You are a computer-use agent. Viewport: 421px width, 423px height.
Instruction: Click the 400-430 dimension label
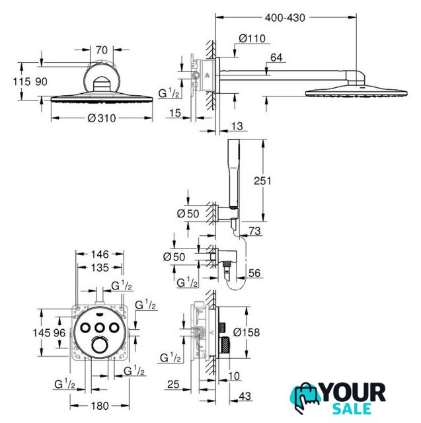click(x=285, y=18)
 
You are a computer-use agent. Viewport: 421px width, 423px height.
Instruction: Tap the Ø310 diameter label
click(x=102, y=118)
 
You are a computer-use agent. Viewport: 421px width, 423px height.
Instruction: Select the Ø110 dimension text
click(x=252, y=38)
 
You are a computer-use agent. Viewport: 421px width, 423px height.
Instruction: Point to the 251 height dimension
click(x=262, y=180)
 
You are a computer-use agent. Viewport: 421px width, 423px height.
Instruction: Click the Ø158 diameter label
click(x=247, y=332)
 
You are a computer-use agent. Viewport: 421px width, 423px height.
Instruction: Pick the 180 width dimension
click(x=100, y=406)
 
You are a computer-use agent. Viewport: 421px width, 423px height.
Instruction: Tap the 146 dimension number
click(x=100, y=254)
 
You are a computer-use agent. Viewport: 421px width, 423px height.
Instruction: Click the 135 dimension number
click(x=100, y=268)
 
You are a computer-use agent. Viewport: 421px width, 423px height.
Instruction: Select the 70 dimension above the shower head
click(x=101, y=50)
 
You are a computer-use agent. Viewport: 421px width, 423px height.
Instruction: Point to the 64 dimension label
click(x=276, y=58)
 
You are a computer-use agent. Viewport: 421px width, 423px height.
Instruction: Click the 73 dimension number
click(x=254, y=231)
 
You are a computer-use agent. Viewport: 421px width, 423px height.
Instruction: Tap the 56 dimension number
click(x=254, y=273)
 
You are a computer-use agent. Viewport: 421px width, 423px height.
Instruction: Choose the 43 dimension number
click(x=245, y=396)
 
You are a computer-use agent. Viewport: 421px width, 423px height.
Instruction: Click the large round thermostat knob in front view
click(x=100, y=346)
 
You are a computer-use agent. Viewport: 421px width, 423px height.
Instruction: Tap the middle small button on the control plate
click(x=100, y=328)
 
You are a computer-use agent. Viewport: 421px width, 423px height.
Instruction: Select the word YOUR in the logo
click(x=354, y=393)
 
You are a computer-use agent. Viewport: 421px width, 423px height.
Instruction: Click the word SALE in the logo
click(x=352, y=408)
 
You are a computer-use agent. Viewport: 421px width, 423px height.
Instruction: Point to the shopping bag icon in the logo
click(x=306, y=397)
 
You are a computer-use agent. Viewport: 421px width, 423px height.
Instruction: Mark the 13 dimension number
click(x=237, y=126)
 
